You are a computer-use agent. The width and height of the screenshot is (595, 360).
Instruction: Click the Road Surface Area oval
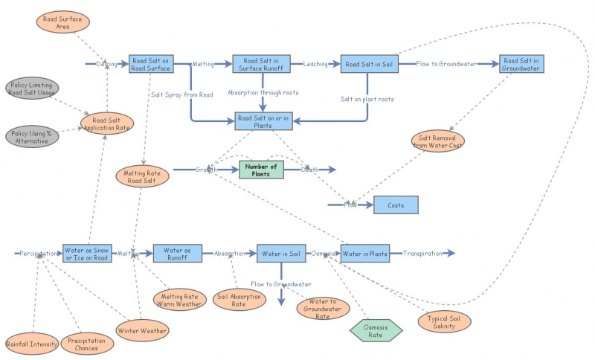coord(63,22)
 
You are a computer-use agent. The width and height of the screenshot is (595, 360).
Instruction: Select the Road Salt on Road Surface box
coord(150,64)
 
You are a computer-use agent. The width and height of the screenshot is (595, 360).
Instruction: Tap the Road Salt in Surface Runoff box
coord(261,64)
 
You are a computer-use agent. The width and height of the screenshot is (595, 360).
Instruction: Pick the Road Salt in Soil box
coord(368,64)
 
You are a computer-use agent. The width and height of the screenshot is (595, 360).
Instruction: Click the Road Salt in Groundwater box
coord(521,64)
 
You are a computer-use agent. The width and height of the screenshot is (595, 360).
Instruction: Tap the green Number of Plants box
coord(261,170)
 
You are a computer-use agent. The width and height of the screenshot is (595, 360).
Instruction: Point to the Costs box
coord(396,205)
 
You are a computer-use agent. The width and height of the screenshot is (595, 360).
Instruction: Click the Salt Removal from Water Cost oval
coord(437,141)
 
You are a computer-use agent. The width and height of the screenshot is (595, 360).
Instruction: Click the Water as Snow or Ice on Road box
coord(88,254)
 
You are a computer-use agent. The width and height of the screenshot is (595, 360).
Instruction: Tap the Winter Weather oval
coord(142,330)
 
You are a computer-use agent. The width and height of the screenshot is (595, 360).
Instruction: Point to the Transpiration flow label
coord(422,254)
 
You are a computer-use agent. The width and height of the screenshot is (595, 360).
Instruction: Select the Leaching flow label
coord(315,65)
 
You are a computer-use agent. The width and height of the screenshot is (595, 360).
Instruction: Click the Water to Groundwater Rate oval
coord(324,308)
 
